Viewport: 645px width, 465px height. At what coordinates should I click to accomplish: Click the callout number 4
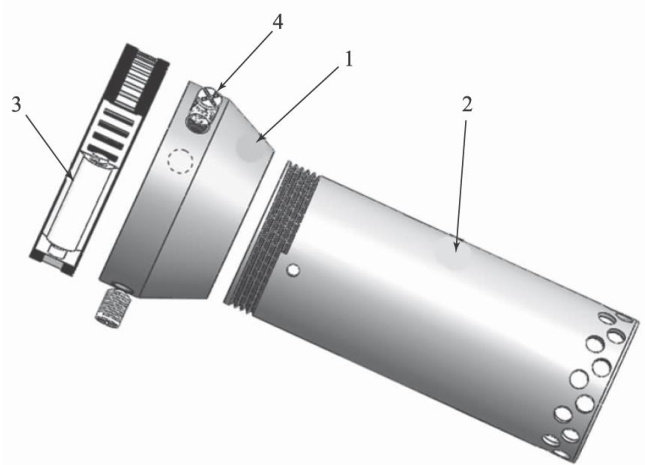pos(278,22)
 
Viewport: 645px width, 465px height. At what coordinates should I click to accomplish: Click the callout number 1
pos(348,60)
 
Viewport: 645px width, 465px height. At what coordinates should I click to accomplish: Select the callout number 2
pos(467,105)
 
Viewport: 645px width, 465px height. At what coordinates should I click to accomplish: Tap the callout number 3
pos(16,105)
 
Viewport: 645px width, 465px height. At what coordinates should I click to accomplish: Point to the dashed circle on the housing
pos(181,160)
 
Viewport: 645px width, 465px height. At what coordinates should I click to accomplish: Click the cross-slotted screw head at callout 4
pos(208,97)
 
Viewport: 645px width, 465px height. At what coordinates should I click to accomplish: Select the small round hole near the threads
pos(293,270)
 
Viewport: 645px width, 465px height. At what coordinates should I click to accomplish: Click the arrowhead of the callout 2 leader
pos(457,246)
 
